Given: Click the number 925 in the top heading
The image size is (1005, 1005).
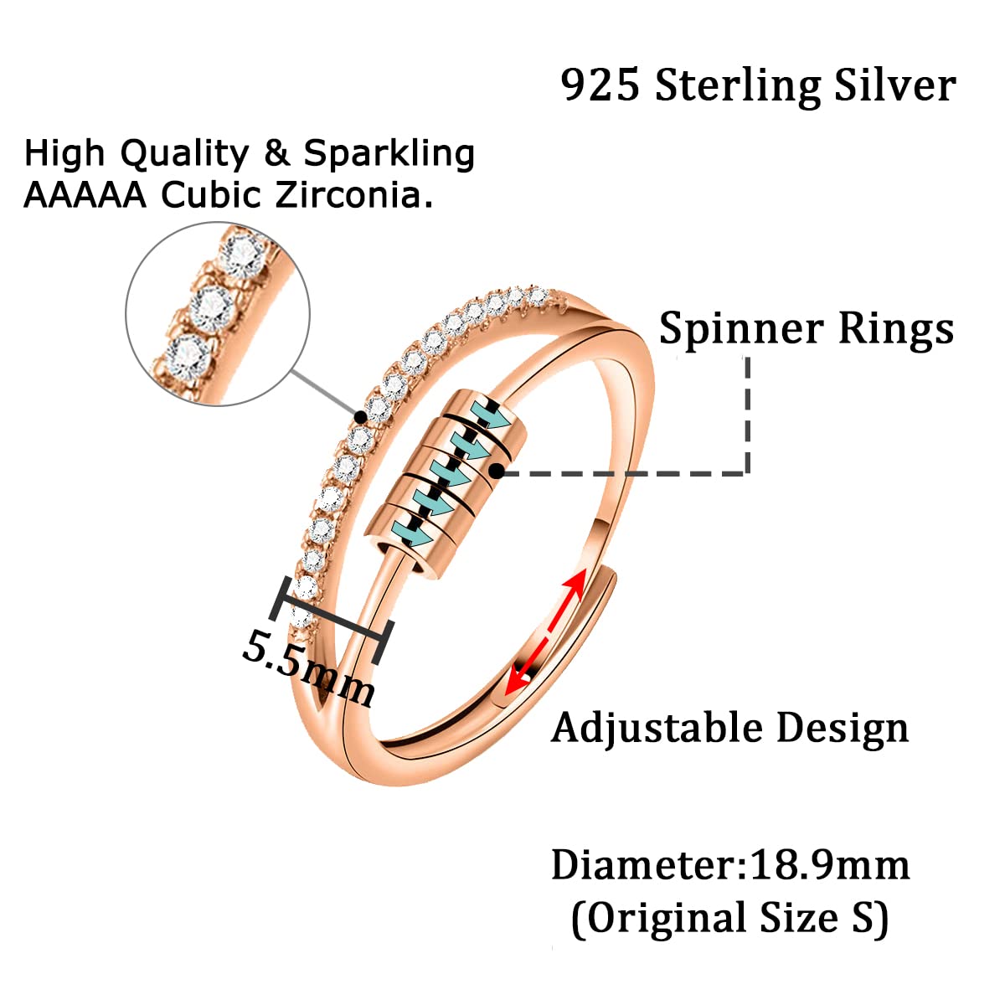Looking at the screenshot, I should pyautogui.click(x=600, y=85).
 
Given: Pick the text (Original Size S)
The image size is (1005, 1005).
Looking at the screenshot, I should pyautogui.click(x=729, y=918).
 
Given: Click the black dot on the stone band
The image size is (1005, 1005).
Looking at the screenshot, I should pyautogui.click(x=360, y=415).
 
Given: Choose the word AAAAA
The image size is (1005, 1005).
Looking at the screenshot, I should pyautogui.click(x=85, y=195).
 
